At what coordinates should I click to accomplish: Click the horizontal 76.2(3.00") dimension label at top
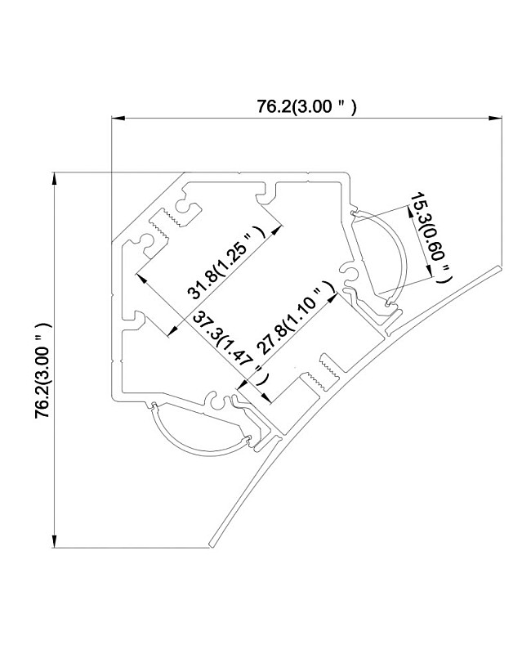(x=306, y=107)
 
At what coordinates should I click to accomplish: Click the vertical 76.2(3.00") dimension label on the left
(x=43, y=370)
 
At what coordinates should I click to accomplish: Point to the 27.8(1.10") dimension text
(x=296, y=317)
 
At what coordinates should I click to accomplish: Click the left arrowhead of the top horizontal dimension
(x=118, y=119)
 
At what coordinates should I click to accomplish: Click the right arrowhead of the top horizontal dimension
(x=495, y=119)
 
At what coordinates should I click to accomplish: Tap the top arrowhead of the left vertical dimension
(x=54, y=179)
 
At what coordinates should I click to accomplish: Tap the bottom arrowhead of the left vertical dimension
(x=54, y=541)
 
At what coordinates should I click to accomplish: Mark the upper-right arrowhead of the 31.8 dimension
(x=277, y=231)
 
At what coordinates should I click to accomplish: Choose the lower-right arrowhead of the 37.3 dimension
(x=266, y=398)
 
